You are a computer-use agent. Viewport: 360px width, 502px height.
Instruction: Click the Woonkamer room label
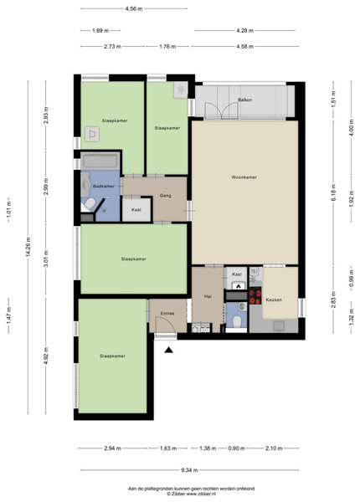click(244, 177)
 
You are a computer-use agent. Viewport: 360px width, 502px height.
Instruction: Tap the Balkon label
click(244, 100)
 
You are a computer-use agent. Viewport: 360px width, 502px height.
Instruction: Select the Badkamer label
click(104, 186)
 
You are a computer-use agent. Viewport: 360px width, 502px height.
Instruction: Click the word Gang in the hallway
click(165, 195)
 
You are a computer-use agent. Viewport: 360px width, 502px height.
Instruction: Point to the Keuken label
click(274, 300)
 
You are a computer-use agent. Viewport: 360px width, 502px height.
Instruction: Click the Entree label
click(167, 314)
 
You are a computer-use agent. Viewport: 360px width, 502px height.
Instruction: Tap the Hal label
click(208, 296)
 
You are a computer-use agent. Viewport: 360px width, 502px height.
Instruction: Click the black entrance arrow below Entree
click(169, 350)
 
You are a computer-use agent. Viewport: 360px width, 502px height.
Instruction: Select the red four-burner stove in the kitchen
click(255, 296)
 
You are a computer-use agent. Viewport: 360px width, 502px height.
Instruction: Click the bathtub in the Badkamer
click(100, 161)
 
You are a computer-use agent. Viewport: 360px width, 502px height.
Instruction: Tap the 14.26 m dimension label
click(28, 247)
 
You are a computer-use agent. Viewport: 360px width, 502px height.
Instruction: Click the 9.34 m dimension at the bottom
click(189, 470)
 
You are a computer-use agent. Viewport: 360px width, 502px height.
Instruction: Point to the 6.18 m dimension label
click(333, 192)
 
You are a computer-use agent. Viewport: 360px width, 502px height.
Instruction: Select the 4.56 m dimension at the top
click(134, 8)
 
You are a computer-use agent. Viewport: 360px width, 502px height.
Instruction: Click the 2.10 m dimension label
click(274, 448)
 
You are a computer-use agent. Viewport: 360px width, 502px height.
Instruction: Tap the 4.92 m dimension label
click(46, 356)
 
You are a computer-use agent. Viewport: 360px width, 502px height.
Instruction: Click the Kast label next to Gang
click(136, 210)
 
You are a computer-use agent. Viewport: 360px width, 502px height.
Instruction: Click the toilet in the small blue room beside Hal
click(237, 321)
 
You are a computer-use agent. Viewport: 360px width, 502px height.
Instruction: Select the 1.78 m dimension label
click(167, 46)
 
